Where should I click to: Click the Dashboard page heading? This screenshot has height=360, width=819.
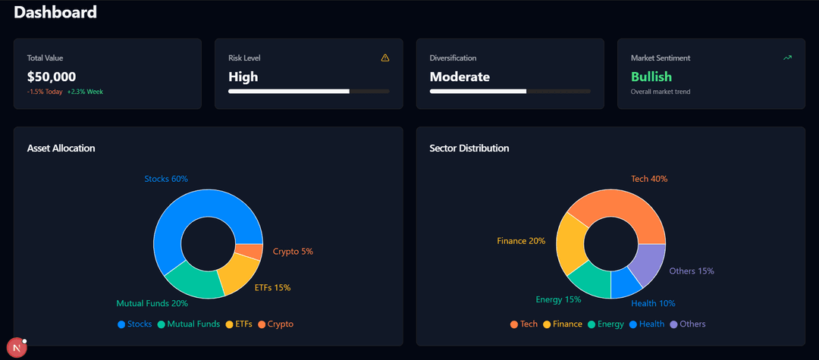tap(55, 12)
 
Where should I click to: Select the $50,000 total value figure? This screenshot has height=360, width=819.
tap(52, 77)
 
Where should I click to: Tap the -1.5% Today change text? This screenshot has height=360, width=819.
tap(45, 92)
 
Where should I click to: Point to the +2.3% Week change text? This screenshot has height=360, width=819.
tap(85, 92)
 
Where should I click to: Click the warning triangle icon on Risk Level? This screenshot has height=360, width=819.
tap(385, 58)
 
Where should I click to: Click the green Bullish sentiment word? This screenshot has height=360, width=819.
tap(651, 77)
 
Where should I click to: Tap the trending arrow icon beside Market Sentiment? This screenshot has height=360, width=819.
tap(788, 58)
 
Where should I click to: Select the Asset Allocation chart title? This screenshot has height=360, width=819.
tap(61, 148)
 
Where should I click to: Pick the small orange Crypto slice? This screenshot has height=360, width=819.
tap(249, 252)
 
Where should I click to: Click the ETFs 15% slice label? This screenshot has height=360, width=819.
tap(271, 287)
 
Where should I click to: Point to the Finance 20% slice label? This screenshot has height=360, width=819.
tap(521, 241)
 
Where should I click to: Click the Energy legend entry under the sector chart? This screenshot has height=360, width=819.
tap(607, 324)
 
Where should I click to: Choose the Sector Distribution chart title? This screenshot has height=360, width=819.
tap(469, 148)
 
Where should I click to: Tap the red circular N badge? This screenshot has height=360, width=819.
tap(17, 348)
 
